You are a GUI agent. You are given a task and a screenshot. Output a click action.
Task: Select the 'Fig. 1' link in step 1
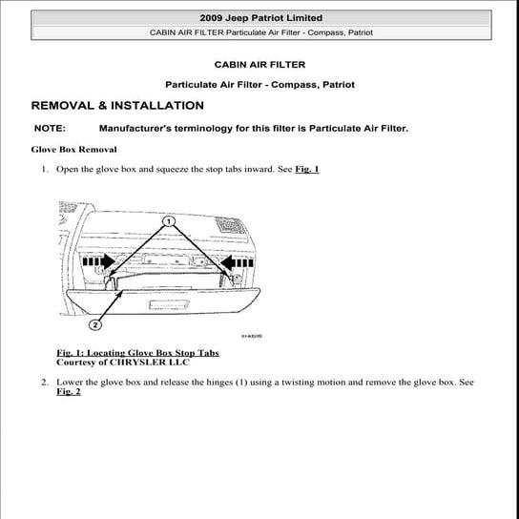click(x=306, y=170)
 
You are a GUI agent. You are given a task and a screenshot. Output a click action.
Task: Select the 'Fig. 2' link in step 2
click(x=69, y=392)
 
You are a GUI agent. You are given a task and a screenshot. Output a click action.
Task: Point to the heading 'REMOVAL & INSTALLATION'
click(x=117, y=106)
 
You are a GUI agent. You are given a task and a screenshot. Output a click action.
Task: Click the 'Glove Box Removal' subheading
click(x=74, y=150)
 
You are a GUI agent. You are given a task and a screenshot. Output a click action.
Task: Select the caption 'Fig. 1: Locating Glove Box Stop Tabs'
click(x=137, y=353)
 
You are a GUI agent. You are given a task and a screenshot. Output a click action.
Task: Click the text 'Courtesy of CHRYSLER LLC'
click(x=123, y=363)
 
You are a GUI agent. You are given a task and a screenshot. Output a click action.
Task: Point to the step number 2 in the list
click(x=44, y=383)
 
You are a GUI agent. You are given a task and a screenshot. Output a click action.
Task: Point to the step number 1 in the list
click(x=44, y=170)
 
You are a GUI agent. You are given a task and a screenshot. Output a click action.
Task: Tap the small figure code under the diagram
click(x=252, y=336)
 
